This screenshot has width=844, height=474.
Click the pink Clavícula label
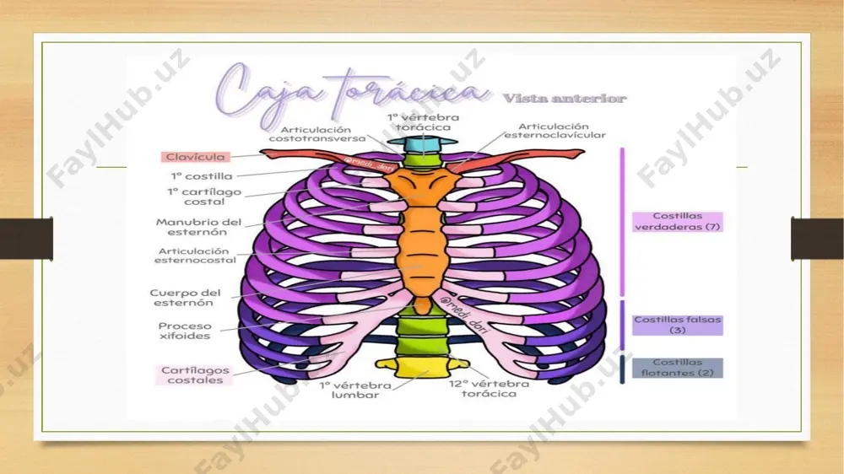coord(196,157)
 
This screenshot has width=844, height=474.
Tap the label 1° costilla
coord(202,176)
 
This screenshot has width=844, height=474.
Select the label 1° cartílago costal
coord(204,197)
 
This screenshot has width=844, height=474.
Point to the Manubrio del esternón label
coord(198,227)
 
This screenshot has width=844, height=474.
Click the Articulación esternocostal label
coord(195,256)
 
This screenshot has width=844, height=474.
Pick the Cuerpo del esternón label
coord(185,298)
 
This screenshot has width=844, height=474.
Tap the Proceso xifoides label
coord(185,331)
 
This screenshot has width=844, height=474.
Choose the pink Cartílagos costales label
coord(195,375)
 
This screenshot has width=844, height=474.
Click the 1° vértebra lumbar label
coord(355,390)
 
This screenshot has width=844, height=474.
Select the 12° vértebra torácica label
coord(490,389)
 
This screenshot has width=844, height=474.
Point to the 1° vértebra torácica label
coord(423,122)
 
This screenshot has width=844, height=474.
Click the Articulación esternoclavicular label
coord(555,131)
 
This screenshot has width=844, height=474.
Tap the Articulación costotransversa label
coord(317,134)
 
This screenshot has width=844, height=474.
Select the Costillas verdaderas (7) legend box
coord(677,222)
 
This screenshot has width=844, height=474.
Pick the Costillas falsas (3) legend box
coord(677,325)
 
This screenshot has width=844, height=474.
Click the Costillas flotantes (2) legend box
coord(677,368)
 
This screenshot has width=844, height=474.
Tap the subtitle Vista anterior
coord(565,99)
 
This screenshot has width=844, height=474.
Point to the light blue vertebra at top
coord(423,144)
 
